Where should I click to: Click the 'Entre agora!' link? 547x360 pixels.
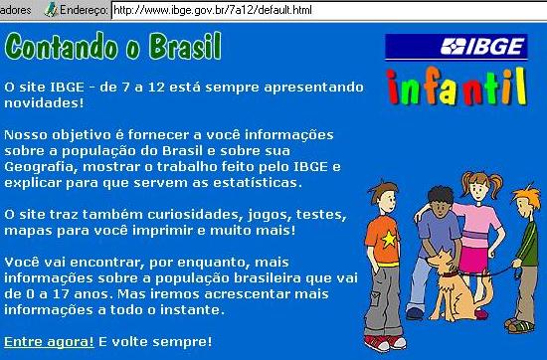(49, 341)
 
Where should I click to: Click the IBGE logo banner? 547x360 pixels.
(456, 47)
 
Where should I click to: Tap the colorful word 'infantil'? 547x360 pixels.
(456, 87)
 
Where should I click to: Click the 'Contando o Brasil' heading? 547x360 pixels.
(113, 47)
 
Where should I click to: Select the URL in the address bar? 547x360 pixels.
(213, 10)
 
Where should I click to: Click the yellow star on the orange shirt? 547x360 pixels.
(389, 239)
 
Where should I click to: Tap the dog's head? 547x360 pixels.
(441, 260)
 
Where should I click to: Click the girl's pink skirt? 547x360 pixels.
(473, 259)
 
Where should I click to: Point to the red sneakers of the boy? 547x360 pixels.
(385, 342)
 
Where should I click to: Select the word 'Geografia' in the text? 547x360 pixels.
(39, 167)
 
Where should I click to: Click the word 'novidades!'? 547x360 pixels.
(44, 102)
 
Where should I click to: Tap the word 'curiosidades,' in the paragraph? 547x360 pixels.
(195, 214)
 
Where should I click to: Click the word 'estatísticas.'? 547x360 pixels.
(258, 182)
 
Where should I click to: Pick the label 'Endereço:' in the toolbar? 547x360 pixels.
(84, 10)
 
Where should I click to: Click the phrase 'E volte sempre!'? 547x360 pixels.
(155, 341)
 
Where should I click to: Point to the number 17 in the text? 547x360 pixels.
(62, 294)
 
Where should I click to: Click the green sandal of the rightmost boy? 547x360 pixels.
(520, 326)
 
